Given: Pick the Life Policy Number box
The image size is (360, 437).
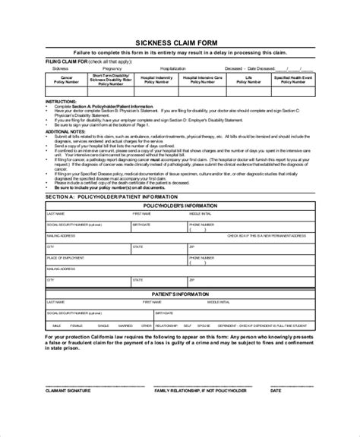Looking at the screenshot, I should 251,80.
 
